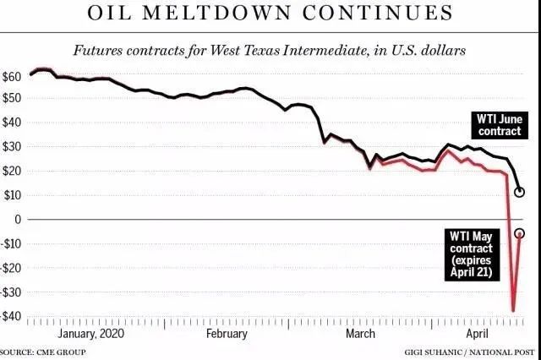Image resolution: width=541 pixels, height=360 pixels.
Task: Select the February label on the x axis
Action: [x=227, y=333]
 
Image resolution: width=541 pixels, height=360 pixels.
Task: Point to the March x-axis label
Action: [x=361, y=333]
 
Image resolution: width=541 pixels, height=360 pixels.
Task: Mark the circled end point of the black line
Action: [x=520, y=192]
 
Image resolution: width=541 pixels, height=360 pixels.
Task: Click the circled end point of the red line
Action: [x=519, y=233]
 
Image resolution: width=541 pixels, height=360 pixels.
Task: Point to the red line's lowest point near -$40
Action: [x=513, y=311]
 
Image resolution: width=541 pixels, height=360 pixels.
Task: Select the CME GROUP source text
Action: [x=41, y=351]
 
